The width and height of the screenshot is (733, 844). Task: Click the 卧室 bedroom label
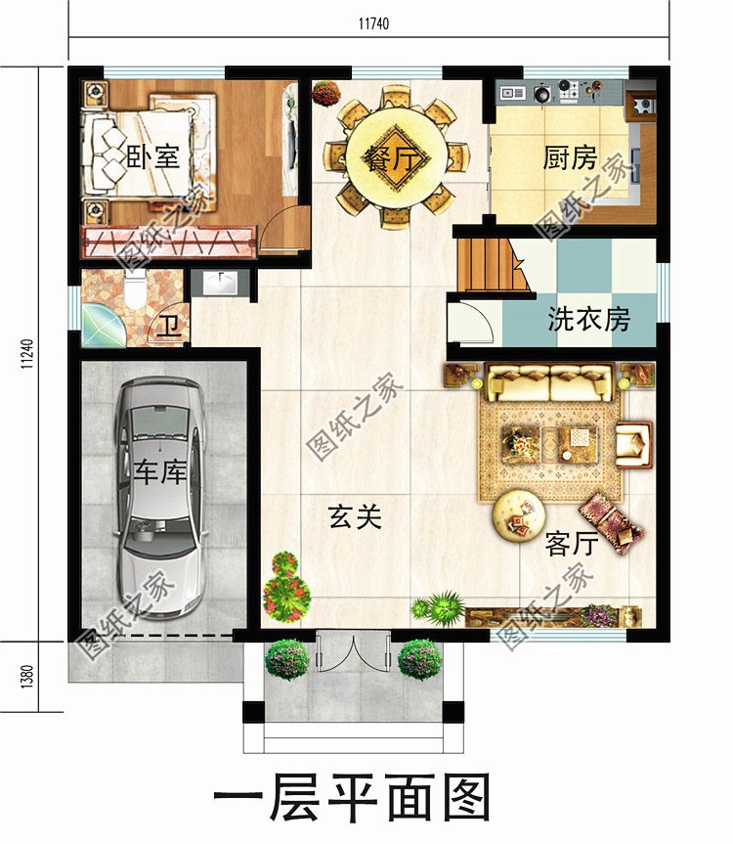[153, 156]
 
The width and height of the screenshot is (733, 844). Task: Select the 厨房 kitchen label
[570, 157]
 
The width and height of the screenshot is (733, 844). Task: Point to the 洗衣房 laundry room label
[588, 319]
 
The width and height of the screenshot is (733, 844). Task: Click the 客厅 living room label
[572, 544]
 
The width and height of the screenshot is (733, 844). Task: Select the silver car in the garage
[160, 499]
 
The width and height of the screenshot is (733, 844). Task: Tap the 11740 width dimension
[370, 24]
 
